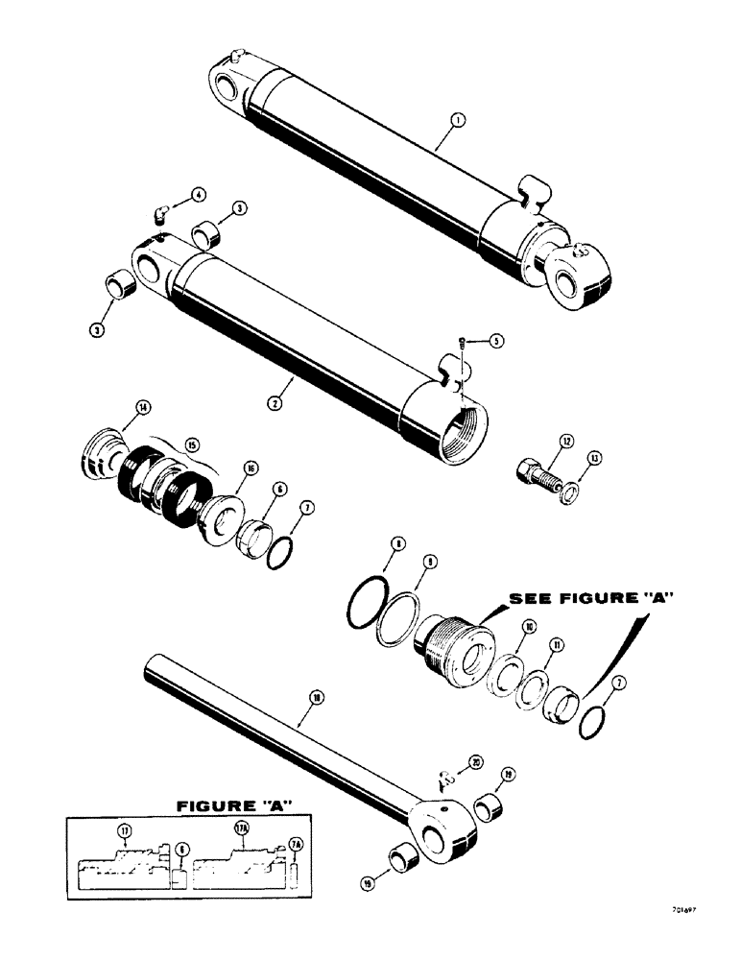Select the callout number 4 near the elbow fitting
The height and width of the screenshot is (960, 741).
pos(198,195)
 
